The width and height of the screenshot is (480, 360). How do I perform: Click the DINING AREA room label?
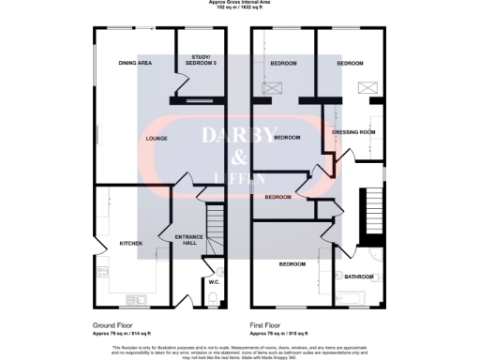(135, 63)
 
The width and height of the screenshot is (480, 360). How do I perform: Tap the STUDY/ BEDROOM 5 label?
(202, 61)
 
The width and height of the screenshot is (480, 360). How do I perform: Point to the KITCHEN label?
(130, 244)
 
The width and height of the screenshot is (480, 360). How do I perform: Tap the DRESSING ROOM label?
(353, 132)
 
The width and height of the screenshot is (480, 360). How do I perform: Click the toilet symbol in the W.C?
(214, 298)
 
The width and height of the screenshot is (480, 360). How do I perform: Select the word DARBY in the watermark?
(240, 134)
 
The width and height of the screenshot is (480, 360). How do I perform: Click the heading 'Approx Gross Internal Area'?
(240, 4)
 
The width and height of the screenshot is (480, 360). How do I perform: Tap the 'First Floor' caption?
(268, 325)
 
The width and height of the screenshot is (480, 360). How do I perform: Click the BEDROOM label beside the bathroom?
(291, 263)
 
